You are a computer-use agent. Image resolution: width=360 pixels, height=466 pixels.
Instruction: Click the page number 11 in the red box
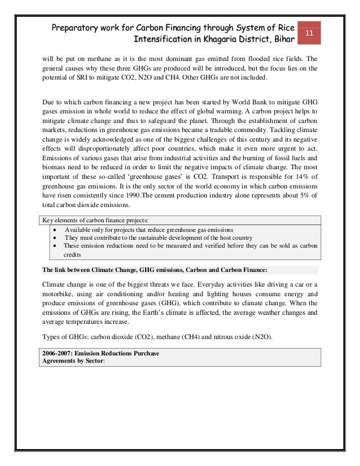309,33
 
